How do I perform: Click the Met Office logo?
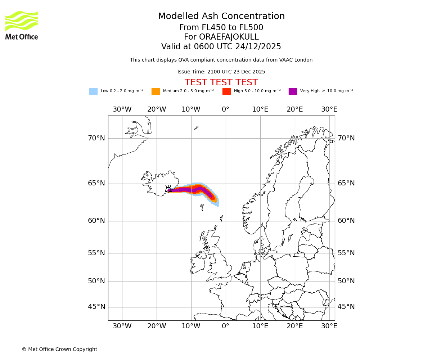[x=22, y=26]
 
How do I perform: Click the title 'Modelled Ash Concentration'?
[x=221, y=16]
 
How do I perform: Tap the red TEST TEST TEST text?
[x=221, y=82]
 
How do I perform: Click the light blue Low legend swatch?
[x=93, y=91]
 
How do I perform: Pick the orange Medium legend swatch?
[x=156, y=91]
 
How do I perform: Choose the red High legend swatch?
[x=226, y=91]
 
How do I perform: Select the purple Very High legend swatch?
[x=293, y=91]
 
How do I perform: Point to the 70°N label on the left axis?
[x=96, y=138]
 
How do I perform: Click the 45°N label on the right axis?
[x=346, y=307]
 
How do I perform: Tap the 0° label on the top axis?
[x=225, y=109]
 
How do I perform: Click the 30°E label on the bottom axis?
[x=329, y=326]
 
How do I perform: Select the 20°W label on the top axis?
[x=157, y=109]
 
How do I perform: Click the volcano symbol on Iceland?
[x=168, y=189]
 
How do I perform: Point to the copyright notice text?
[x=59, y=349]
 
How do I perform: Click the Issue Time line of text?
[x=221, y=72]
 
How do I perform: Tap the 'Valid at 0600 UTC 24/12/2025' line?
[x=221, y=47]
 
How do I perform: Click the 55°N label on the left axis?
[x=96, y=253]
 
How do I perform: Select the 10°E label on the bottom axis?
[x=260, y=326]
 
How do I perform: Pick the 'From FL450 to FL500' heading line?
[x=221, y=28]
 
